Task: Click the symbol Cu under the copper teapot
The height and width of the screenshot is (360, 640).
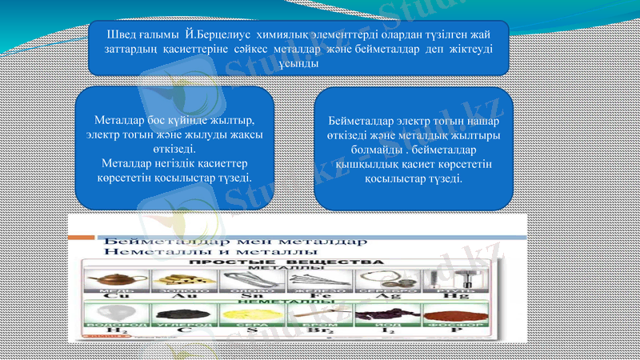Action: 111,295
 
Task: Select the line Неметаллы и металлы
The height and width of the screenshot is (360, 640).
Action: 172,250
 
